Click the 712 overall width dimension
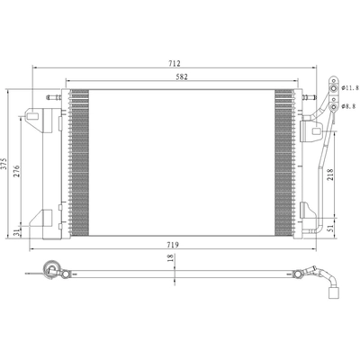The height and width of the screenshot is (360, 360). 174,63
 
